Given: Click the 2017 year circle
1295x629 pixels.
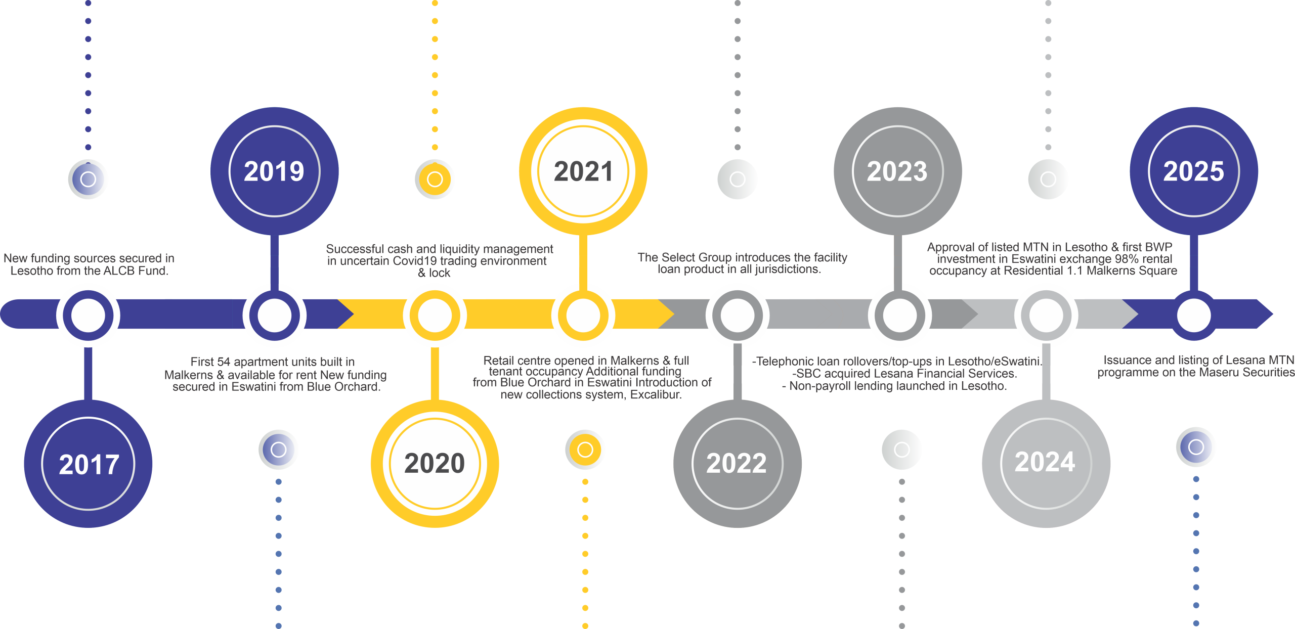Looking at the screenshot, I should (x=89, y=464).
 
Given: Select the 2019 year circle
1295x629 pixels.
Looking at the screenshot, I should (x=274, y=171).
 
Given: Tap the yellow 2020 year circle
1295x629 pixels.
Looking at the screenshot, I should (x=435, y=463).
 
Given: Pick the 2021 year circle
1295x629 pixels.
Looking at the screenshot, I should (x=583, y=171).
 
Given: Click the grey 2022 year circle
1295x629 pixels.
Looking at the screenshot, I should (x=737, y=463).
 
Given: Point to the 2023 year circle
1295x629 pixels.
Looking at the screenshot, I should (x=897, y=171).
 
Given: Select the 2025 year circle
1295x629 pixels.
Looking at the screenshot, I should (x=1194, y=171).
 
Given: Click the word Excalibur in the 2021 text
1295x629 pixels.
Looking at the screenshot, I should (x=656, y=395).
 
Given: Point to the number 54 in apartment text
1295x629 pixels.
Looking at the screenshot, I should (x=224, y=362).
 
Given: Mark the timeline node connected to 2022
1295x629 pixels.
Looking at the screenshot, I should (x=737, y=315).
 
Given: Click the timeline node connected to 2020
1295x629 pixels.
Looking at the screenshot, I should (x=435, y=315).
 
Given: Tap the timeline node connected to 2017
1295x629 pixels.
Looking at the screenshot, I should (x=88, y=315).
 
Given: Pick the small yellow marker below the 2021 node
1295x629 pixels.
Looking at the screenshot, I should (x=585, y=450).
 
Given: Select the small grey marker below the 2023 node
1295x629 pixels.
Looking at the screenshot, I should (x=901, y=450).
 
